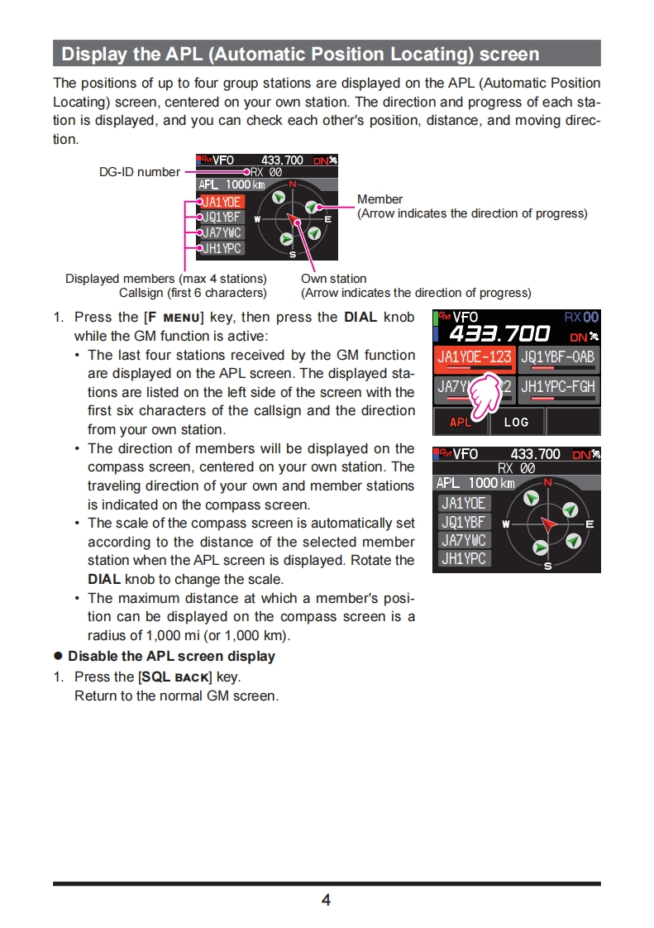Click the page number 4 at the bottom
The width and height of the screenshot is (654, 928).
click(326, 900)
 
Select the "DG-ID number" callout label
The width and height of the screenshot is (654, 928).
click(138, 172)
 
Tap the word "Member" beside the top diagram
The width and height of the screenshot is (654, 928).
click(380, 199)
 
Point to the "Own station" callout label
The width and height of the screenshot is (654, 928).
click(333, 279)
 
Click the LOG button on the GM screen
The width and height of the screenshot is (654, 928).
click(516, 422)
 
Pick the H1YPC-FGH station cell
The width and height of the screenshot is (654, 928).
click(558, 387)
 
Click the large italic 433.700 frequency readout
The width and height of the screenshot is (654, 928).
click(499, 334)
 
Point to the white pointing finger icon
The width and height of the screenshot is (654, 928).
click(488, 394)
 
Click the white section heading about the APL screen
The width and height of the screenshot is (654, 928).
click(300, 55)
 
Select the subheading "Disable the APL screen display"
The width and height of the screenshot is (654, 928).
click(171, 656)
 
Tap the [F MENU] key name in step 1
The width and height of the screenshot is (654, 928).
click(174, 317)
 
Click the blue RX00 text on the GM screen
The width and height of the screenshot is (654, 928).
click(582, 317)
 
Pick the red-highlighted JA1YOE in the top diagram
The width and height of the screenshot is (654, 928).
click(222, 202)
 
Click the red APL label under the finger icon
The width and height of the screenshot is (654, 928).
click(460, 423)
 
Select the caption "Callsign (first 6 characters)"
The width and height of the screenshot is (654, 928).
click(193, 293)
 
